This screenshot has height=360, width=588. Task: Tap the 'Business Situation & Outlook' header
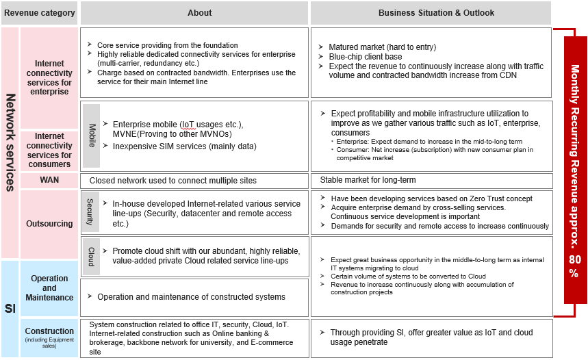(x=431, y=12)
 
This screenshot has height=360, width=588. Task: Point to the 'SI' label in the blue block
(x=10, y=309)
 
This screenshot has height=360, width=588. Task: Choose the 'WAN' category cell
(x=49, y=181)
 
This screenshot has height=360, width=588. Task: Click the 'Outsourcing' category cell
(x=49, y=224)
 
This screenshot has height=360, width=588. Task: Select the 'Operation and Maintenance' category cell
(x=49, y=288)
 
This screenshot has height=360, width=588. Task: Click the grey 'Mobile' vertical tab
(x=92, y=136)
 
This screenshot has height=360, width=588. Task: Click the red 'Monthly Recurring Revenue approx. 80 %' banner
(x=575, y=171)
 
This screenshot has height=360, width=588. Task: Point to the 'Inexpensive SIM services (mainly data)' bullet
(x=184, y=146)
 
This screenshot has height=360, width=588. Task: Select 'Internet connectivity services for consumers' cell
(x=49, y=150)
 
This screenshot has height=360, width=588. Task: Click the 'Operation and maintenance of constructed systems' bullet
(x=191, y=297)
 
